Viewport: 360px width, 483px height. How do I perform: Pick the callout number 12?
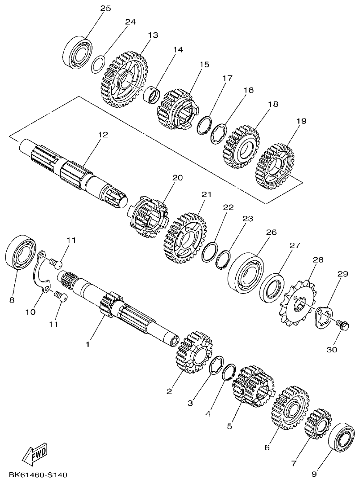click(103, 134)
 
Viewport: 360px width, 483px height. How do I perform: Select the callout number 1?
click(88, 344)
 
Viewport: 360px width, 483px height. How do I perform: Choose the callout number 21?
click(206, 195)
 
